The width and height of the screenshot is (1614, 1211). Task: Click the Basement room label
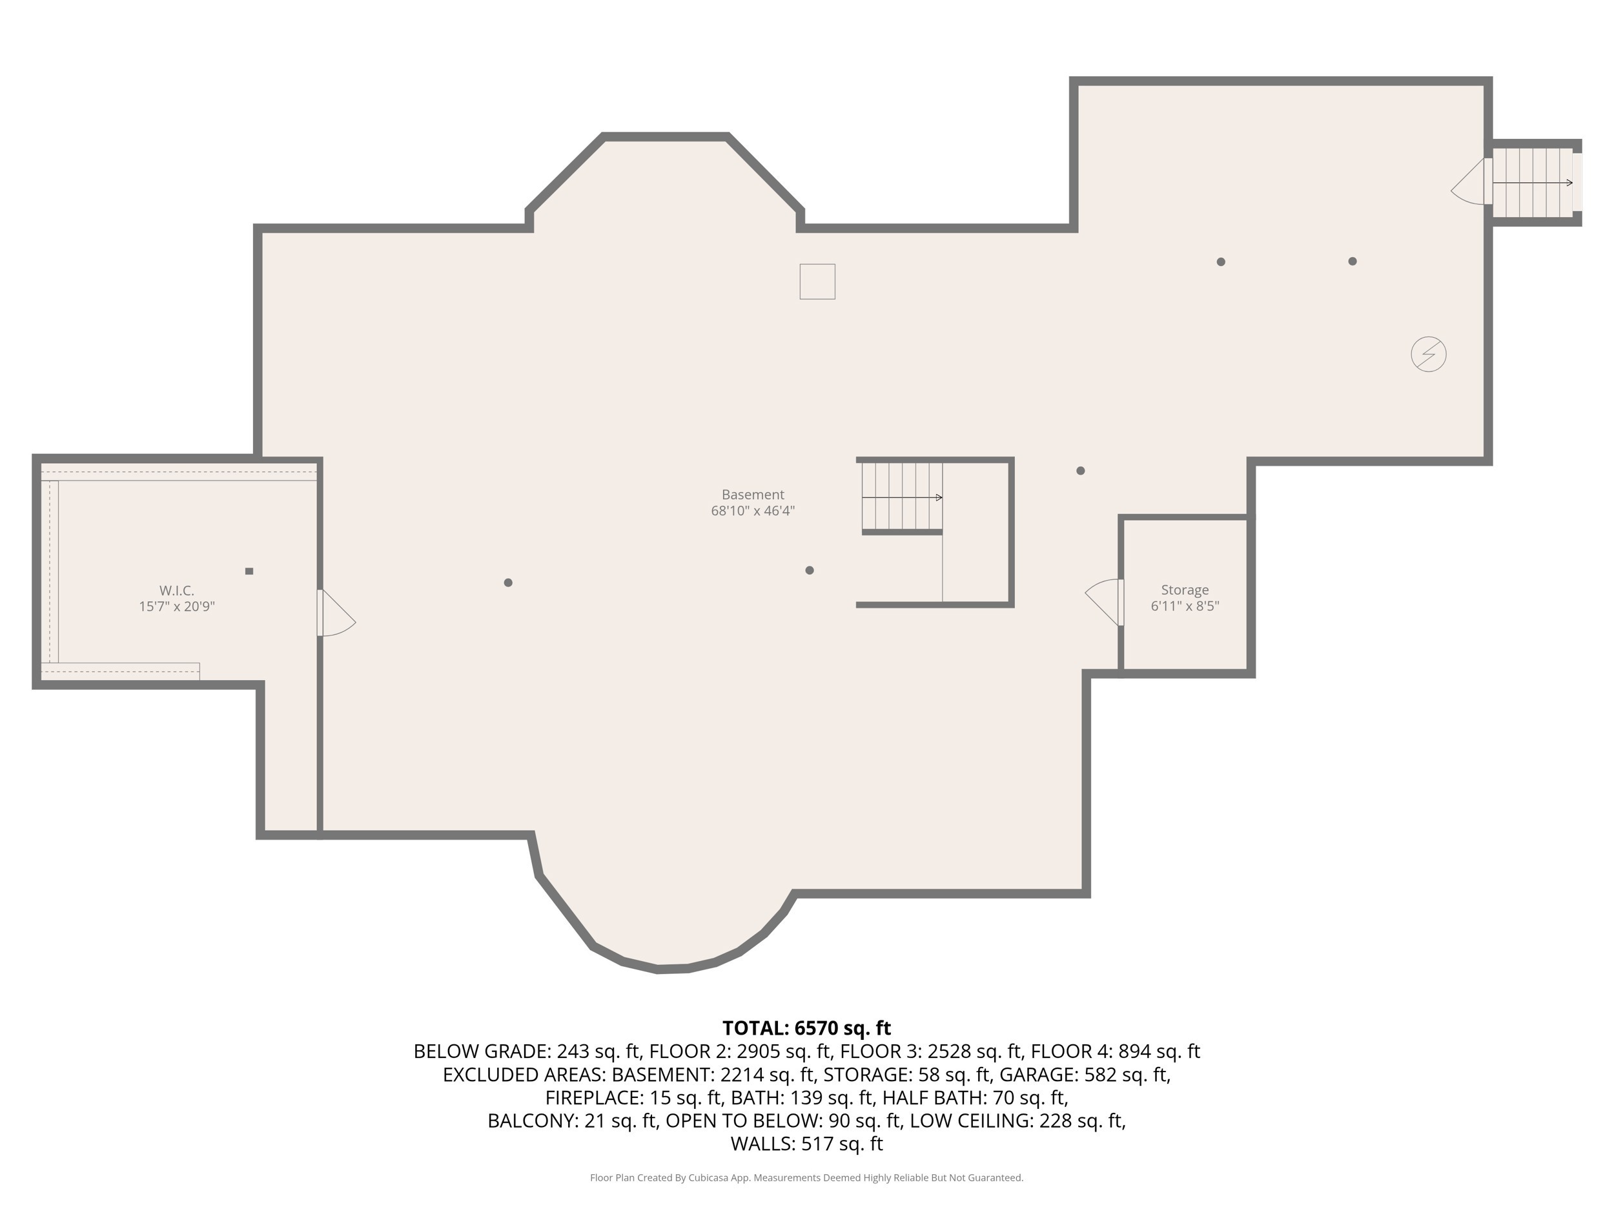752,494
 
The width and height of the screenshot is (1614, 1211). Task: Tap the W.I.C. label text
177,590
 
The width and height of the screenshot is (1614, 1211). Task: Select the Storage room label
1185,590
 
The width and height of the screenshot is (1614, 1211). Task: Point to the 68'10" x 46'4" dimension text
752,511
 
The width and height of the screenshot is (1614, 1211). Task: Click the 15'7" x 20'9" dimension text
177,606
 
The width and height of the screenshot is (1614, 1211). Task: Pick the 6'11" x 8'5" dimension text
1185,606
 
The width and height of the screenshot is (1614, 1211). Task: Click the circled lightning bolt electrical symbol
1428,354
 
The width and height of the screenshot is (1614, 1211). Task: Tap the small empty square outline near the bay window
817,281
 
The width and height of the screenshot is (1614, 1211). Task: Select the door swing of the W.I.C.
337,613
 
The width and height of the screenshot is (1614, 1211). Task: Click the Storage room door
1104,602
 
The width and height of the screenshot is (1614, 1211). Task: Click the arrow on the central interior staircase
902,498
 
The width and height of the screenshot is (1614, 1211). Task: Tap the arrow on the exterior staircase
1532,183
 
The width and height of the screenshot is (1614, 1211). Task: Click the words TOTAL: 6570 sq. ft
806,1028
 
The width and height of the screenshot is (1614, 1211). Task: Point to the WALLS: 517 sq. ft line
806,1144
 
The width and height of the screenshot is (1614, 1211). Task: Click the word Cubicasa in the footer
708,1177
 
